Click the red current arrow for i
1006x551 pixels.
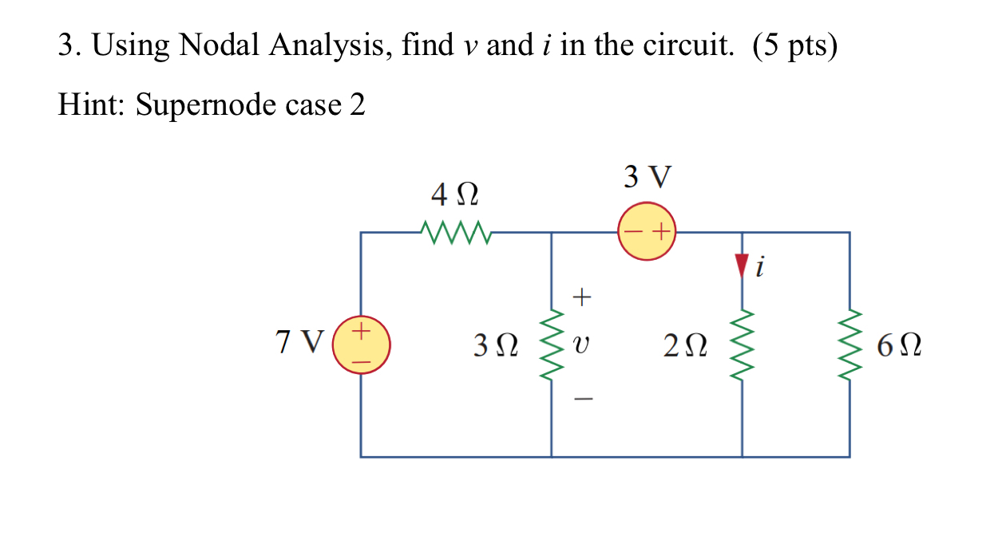coord(742,265)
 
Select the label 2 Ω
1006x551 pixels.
coord(684,345)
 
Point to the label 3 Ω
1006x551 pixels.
coord(495,345)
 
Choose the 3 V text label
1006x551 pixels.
coord(648,176)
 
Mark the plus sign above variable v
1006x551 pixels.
coord(583,298)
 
